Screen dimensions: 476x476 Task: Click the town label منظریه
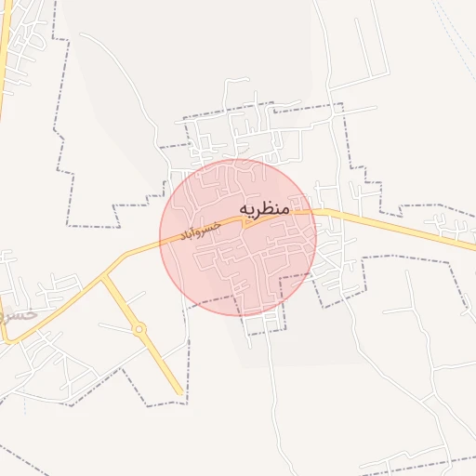click(x=265, y=209)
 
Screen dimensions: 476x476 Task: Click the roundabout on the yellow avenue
click(x=139, y=328)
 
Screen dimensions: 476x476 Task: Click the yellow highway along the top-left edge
click(x=5, y=56)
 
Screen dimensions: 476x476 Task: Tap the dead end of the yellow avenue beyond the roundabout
click(x=180, y=394)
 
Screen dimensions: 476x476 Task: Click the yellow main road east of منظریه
click(x=400, y=226)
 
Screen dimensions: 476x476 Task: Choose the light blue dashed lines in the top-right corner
click(x=456, y=37)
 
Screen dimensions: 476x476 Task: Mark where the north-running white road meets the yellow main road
click(x=316, y=212)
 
